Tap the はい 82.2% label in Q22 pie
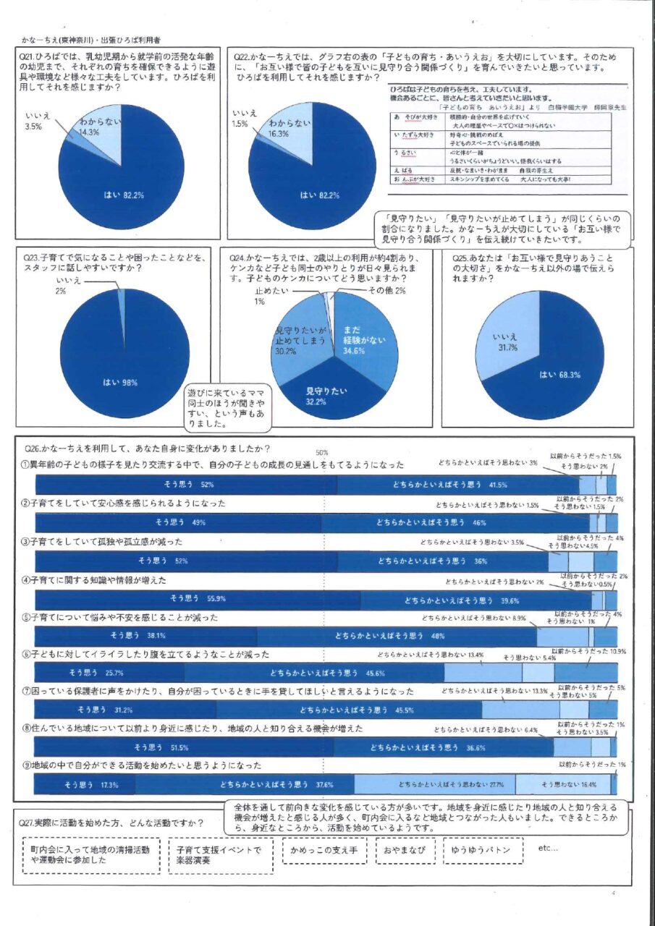pos(321,195)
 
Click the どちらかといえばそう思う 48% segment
pos(396,637)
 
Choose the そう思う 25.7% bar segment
pos(109,674)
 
